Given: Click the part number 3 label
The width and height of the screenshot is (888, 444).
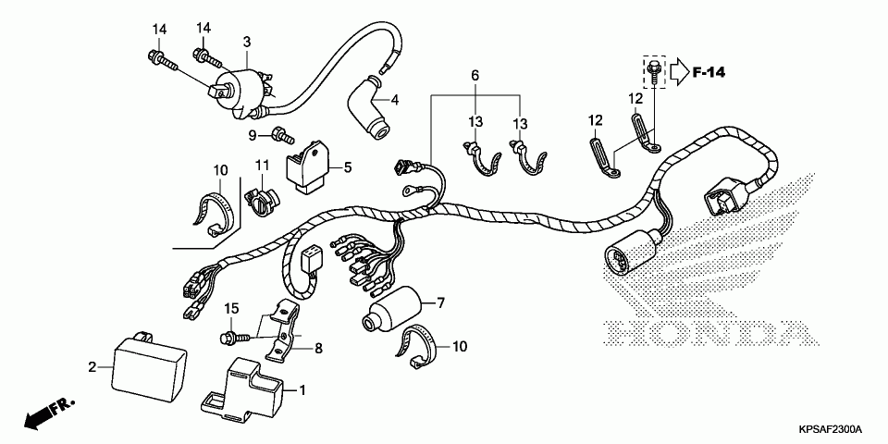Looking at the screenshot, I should pos(247,42).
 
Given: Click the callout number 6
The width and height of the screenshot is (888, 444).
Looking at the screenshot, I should pos(475,75).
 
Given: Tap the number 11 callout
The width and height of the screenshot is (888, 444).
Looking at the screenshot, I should pos(262,166).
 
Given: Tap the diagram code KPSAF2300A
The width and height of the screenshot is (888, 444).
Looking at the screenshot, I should pos(830,430).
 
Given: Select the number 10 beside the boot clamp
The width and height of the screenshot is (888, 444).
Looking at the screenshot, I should pos(460,346).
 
